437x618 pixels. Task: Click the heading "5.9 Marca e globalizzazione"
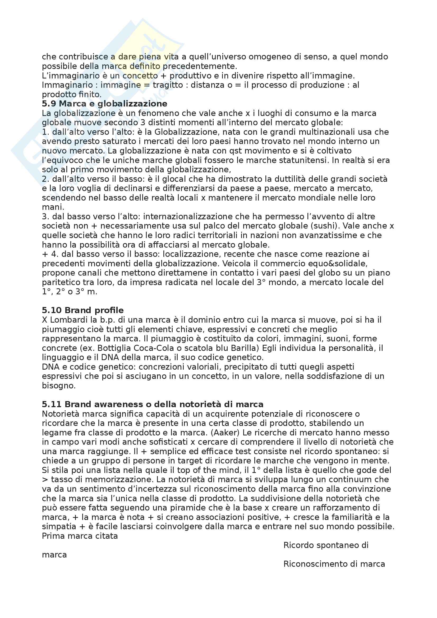pos(104,104)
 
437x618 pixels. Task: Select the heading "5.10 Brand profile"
pos(83,310)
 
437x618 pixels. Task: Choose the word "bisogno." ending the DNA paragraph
pos(59,385)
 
